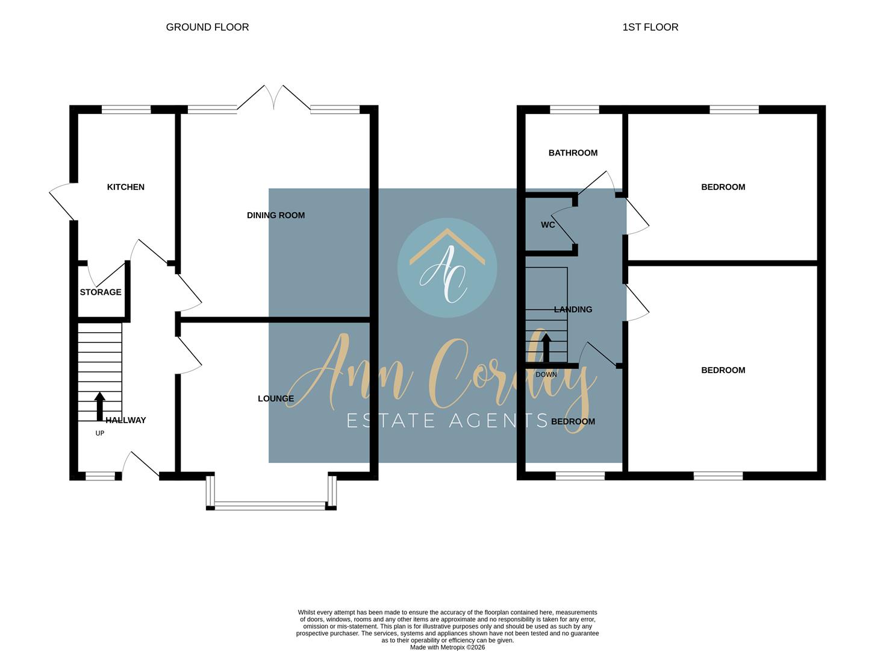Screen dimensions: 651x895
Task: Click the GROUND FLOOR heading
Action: click(207, 27)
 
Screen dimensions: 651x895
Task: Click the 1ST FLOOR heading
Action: click(650, 27)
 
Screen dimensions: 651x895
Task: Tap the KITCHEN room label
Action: click(125, 187)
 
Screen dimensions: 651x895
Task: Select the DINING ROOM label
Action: click(276, 215)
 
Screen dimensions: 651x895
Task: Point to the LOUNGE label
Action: click(276, 398)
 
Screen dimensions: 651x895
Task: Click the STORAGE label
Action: click(101, 292)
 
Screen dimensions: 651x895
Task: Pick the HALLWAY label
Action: click(125, 420)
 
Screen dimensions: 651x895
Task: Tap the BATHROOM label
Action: click(573, 153)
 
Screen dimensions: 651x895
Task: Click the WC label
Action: click(548, 225)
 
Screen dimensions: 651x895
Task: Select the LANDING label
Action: click(573, 309)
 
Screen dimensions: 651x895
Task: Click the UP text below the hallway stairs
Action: click(100, 433)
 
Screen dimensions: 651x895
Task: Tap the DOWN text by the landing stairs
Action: click(546, 374)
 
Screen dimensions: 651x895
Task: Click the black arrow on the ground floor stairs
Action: click(100, 406)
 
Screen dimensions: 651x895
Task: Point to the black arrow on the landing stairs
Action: click(546, 348)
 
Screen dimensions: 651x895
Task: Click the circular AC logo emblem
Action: click(447, 268)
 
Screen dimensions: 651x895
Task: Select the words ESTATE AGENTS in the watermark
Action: click(447, 420)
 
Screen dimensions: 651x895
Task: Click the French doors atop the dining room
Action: click(274, 99)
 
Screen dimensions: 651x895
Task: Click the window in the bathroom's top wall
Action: click(575, 110)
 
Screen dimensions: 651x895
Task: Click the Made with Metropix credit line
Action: click(447, 647)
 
